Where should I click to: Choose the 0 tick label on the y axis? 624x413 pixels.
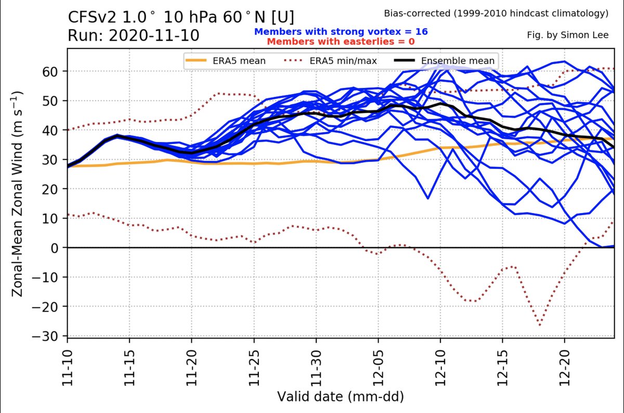tap(57, 248)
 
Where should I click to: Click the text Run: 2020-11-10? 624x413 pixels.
tap(133, 36)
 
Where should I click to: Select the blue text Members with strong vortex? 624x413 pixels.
tap(341, 32)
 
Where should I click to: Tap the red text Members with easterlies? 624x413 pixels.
tap(341, 41)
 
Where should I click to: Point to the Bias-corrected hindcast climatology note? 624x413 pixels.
tap(496, 14)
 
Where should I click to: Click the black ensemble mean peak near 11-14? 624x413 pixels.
tap(118, 135)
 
